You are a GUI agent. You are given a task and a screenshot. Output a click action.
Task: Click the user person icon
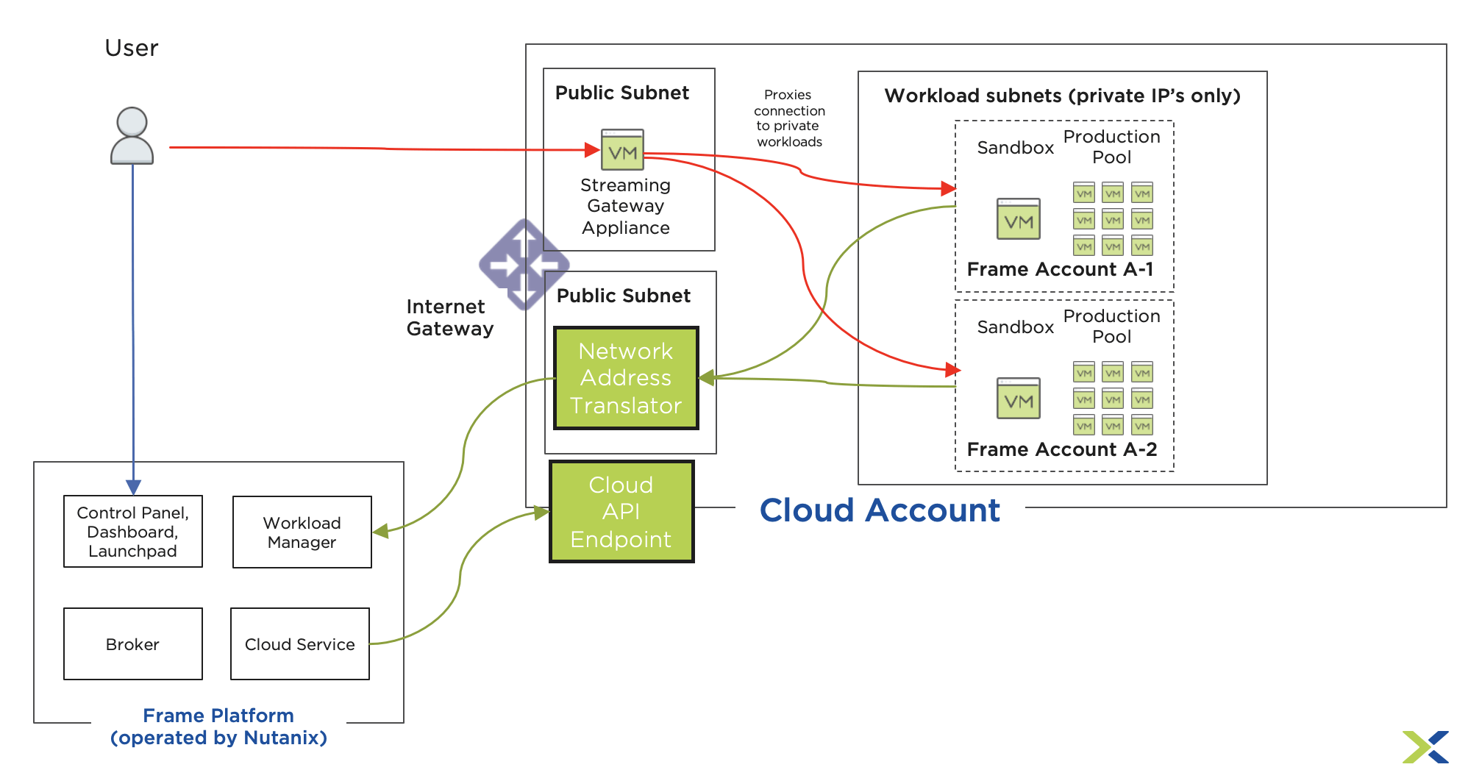pyautogui.click(x=132, y=136)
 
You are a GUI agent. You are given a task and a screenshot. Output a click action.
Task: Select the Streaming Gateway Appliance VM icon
pyautogui.click(x=622, y=150)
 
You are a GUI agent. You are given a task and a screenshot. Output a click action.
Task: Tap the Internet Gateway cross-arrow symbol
pyautogui.click(x=524, y=264)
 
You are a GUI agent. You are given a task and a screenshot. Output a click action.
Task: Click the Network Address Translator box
pyautogui.click(x=626, y=378)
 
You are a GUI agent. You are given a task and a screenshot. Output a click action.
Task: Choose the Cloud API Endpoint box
pyautogui.click(x=621, y=512)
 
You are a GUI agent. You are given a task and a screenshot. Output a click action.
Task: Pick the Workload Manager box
pyautogui.click(x=302, y=532)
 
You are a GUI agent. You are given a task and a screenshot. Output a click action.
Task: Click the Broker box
pyautogui.click(x=133, y=644)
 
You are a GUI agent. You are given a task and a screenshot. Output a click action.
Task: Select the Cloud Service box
pyautogui.click(x=300, y=644)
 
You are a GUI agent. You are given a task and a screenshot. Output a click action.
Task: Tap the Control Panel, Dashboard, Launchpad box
pyautogui.click(x=133, y=532)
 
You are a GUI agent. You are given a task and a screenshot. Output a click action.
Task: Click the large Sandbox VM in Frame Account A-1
pyautogui.click(x=1019, y=219)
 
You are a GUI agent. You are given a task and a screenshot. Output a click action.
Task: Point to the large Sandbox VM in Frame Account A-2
pyautogui.click(x=1019, y=399)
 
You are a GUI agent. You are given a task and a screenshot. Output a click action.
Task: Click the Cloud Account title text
pyautogui.click(x=880, y=510)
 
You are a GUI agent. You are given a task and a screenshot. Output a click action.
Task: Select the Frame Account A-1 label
pyautogui.click(x=1060, y=270)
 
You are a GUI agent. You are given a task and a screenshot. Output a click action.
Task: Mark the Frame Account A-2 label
pyautogui.click(x=1061, y=449)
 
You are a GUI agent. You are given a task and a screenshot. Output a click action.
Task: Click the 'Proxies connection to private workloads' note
pyautogui.click(x=789, y=118)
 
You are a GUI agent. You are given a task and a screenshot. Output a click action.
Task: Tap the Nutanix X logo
pyautogui.click(x=1425, y=747)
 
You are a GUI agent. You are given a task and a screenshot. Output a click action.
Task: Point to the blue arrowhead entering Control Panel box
pyautogui.click(x=133, y=488)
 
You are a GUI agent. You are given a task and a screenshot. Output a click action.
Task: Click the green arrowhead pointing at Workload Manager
pyautogui.click(x=380, y=531)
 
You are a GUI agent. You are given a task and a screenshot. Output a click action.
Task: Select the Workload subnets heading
pyautogui.click(x=1062, y=96)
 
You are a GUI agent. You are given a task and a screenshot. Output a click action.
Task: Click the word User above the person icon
pyautogui.click(x=132, y=49)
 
